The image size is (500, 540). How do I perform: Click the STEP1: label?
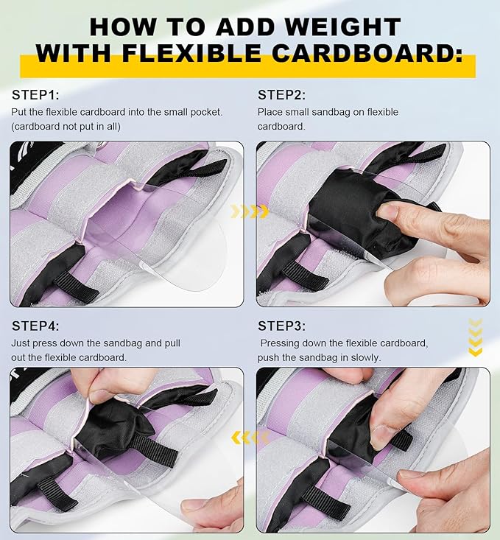point(35,95)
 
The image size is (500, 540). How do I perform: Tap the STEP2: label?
point(282,95)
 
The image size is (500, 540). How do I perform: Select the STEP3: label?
point(282,326)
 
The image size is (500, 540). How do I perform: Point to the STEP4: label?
point(35,326)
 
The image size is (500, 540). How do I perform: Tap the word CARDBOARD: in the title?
point(367,53)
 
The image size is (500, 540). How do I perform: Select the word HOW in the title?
point(123,27)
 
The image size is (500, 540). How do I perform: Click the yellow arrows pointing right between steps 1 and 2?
point(250,211)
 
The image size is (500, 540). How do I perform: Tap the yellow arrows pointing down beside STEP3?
point(476,337)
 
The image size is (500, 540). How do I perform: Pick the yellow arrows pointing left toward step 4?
point(250,438)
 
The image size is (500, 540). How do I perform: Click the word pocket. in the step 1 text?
point(207,112)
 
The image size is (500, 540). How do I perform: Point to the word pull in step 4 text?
point(173,343)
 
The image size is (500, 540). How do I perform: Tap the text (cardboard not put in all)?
point(66,127)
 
